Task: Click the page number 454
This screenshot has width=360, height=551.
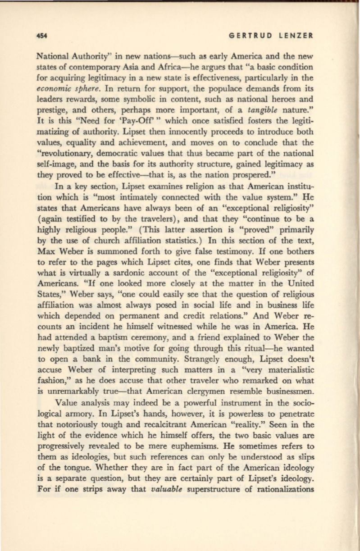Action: point(43,35)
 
